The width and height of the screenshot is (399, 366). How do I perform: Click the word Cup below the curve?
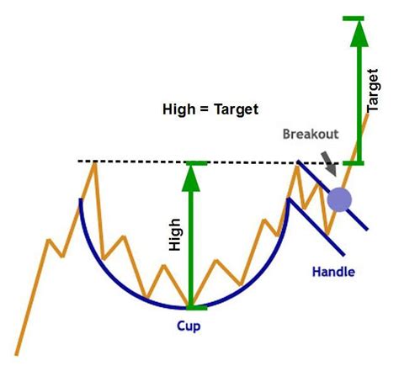tap(189, 323)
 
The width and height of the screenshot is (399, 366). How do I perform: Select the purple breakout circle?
tap(338, 200)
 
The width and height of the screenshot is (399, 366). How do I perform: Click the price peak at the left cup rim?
tap(95, 162)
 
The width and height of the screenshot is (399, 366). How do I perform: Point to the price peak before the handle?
tap(297, 166)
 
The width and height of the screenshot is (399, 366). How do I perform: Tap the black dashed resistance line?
tap(135, 161)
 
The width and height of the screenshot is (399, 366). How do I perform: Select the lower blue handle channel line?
tap(316, 226)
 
